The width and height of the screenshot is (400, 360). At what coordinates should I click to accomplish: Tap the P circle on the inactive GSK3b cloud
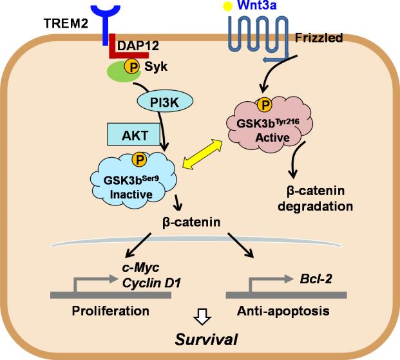pos(137,158)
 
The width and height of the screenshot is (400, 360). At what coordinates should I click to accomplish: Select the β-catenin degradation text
pos(319,200)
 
